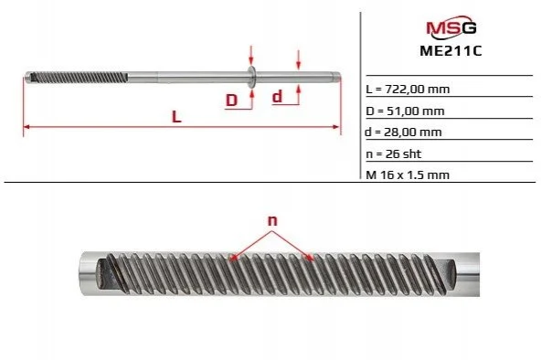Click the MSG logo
(451, 26)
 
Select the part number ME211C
(451, 51)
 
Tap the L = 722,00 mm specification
(408, 90)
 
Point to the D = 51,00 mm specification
(405, 111)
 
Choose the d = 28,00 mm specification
(403, 132)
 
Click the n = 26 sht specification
(394, 154)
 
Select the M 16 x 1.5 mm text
(408, 175)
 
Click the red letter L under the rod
(176, 117)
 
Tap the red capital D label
(231, 101)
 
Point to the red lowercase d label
(277, 97)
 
